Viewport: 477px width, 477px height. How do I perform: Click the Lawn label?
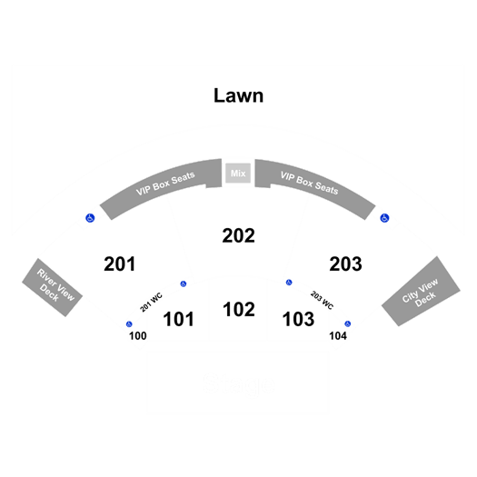(238, 95)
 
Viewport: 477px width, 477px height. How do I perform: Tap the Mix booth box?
(238, 174)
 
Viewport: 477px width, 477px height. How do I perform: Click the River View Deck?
(53, 287)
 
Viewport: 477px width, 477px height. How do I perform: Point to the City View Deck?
(421, 291)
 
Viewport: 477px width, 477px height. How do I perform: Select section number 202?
(238, 235)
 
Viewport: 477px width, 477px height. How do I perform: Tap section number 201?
(120, 263)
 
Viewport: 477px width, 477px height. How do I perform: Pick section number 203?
(345, 263)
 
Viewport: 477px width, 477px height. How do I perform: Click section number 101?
(179, 319)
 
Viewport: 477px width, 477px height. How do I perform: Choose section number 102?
(239, 310)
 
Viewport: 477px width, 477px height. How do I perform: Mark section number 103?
(298, 319)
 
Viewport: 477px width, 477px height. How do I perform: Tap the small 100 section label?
(138, 336)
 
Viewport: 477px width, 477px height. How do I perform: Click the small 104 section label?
(338, 336)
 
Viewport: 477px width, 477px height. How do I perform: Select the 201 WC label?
(151, 303)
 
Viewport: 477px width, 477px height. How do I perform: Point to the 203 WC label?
(322, 300)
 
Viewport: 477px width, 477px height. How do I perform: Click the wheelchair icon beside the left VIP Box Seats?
(90, 218)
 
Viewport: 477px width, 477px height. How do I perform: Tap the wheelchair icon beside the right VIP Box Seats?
(384, 218)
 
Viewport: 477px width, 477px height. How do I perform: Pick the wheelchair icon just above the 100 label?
(129, 324)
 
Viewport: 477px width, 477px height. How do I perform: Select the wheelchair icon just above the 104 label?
(348, 323)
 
